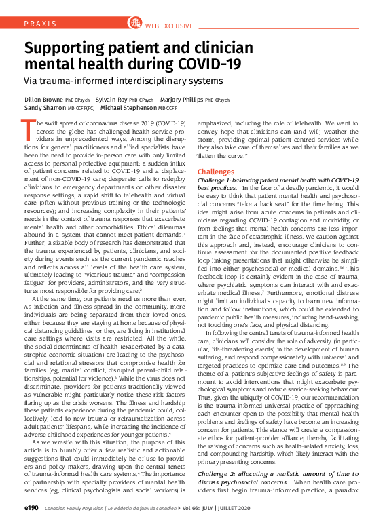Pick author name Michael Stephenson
coord(128,108)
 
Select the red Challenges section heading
coord(215,172)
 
